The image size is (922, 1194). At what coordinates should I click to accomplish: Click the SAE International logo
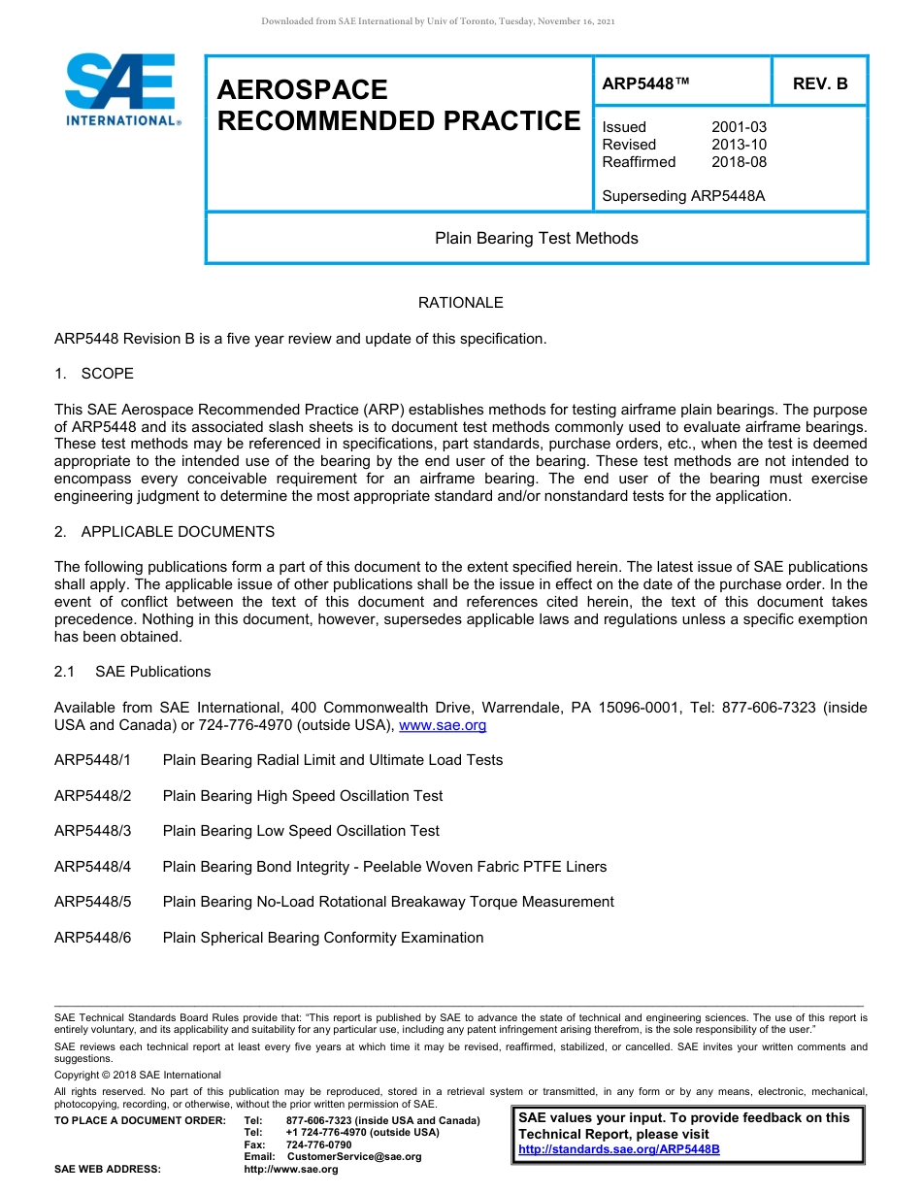tap(121, 90)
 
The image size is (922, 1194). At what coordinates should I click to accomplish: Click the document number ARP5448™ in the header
tap(645, 83)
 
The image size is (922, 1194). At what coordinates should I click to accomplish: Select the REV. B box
tap(819, 83)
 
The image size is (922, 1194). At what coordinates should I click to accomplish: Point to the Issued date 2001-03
tap(739, 127)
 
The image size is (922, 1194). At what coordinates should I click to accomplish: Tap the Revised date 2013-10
tap(739, 145)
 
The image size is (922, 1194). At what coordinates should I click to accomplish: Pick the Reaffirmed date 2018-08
tap(739, 162)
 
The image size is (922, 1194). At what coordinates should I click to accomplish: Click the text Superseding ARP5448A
tap(683, 196)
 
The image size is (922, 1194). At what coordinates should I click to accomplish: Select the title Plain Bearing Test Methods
tap(536, 238)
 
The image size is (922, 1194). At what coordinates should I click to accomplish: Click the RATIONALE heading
tap(460, 303)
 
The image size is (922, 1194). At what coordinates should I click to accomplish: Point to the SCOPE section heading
tap(107, 374)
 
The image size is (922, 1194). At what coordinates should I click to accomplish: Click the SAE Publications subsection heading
tap(152, 672)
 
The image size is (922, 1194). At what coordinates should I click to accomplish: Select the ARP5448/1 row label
tap(92, 760)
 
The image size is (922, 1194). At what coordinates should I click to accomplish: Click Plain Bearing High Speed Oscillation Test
tap(302, 796)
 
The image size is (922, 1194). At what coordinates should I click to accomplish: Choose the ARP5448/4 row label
tap(92, 867)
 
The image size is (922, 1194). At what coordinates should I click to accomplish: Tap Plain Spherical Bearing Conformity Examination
tap(322, 938)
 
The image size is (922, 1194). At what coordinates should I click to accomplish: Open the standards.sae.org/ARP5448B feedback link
tap(618, 1149)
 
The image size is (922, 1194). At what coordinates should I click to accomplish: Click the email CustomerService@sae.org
tap(354, 1156)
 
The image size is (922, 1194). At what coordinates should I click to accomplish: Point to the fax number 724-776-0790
tap(318, 1144)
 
